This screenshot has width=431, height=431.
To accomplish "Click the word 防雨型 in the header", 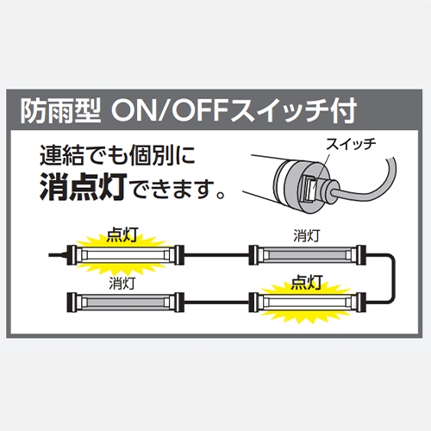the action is tap(60, 111).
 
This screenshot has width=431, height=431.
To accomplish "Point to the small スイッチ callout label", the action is tap(351, 144).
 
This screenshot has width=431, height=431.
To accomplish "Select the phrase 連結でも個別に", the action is tap(117, 155).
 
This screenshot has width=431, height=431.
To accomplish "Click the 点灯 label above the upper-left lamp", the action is tap(122, 235).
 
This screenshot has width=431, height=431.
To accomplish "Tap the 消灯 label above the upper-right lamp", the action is tap(306, 236).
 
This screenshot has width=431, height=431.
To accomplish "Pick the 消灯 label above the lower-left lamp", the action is tap(122, 284).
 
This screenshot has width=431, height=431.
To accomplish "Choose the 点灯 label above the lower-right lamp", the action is tap(306, 283).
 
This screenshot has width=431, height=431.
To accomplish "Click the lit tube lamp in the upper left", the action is tap(125, 255).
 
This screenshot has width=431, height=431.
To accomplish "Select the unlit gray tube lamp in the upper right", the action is tap(307, 255).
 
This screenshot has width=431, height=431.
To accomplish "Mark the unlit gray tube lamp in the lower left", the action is tap(125, 303).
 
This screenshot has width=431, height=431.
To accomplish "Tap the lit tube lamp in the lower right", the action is tap(307, 303).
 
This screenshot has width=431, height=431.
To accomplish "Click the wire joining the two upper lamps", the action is tap(216, 255).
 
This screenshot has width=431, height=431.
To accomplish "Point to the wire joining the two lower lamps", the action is tap(216, 303).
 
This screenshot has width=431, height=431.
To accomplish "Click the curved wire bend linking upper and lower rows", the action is tap(393, 278).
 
